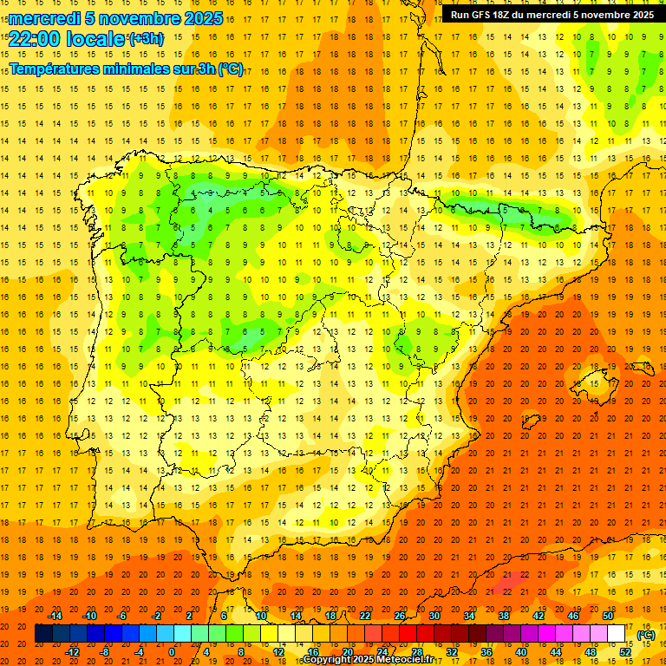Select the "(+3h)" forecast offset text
click(x=145, y=39)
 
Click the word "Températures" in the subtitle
click(x=60, y=69)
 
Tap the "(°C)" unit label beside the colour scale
click(x=646, y=635)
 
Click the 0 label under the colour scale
click(x=173, y=652)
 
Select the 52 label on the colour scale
click(x=625, y=652)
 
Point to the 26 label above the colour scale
click(x=400, y=616)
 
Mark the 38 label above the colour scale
click(x=504, y=616)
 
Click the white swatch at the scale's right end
click(x=617, y=634)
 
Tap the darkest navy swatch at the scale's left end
click(x=43, y=634)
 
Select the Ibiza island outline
click(x=531, y=423)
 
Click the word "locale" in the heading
click(x=97, y=39)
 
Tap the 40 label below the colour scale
click(x=521, y=652)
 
